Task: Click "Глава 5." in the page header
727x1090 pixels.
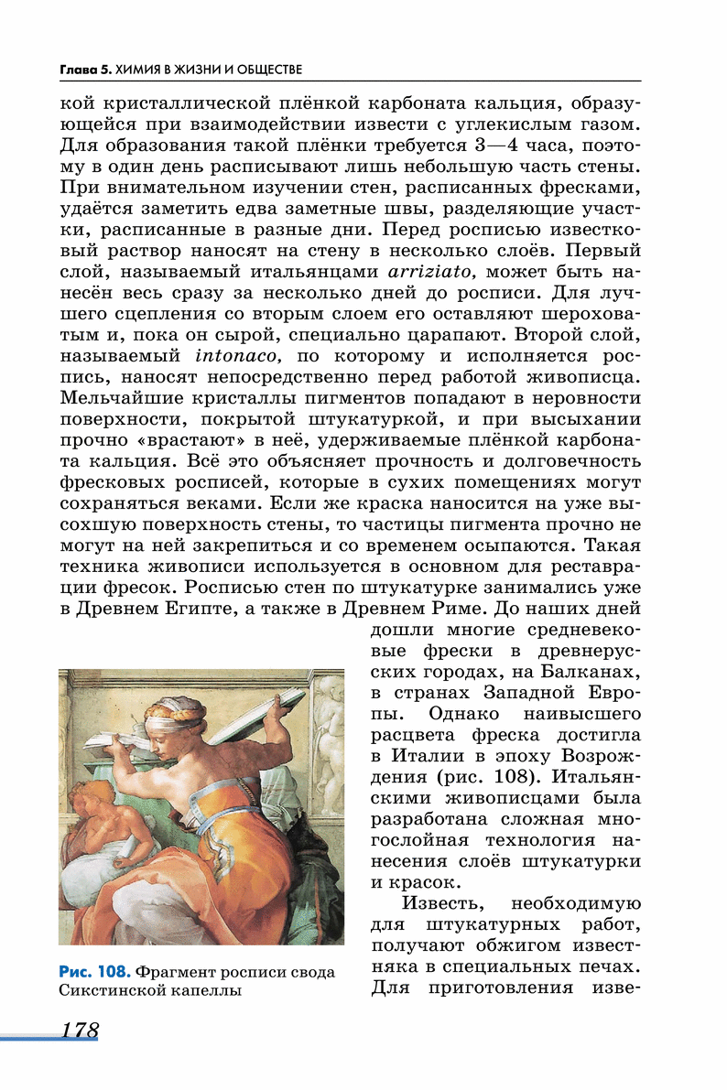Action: (83, 70)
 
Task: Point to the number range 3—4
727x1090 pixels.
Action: (473, 146)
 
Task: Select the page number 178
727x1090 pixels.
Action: (80, 1030)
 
